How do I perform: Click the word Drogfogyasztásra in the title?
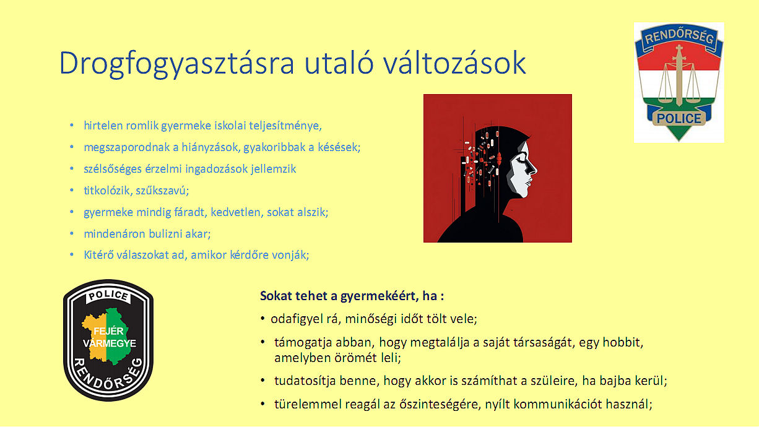click(176, 64)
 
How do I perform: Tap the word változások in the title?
click(455, 63)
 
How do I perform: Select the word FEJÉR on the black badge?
click(108, 331)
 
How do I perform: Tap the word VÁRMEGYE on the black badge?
click(110, 343)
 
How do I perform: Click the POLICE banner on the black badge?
click(108, 296)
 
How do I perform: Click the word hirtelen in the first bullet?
click(103, 126)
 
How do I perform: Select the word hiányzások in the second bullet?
click(210, 147)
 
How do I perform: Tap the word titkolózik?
click(106, 191)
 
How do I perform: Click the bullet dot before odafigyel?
click(262, 319)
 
